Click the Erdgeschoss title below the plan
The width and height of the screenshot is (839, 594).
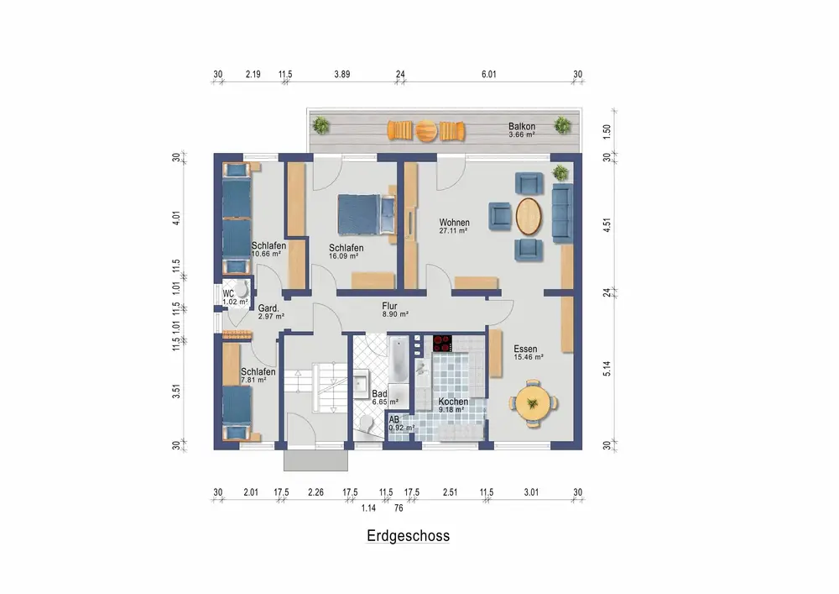[x=409, y=536]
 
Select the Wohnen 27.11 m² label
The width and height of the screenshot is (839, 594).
[x=454, y=226]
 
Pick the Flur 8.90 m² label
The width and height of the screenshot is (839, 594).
[x=395, y=310]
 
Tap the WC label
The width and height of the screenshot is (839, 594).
[x=228, y=293]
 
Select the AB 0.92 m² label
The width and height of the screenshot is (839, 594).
[x=402, y=423]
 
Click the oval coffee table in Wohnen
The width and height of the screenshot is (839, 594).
[x=529, y=217]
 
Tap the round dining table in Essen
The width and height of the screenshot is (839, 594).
[x=533, y=402]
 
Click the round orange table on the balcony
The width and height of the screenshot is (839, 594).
[x=427, y=131]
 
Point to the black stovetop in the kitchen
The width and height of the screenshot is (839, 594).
[x=442, y=344]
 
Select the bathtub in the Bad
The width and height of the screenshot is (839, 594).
[x=398, y=358]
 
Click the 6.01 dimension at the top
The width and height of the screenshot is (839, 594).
[x=489, y=75]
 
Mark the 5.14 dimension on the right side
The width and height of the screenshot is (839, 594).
[x=607, y=369]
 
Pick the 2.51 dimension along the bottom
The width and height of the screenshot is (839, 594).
[x=450, y=492]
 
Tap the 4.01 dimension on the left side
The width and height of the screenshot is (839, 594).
[x=176, y=218]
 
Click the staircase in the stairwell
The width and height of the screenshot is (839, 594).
[x=316, y=387]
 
